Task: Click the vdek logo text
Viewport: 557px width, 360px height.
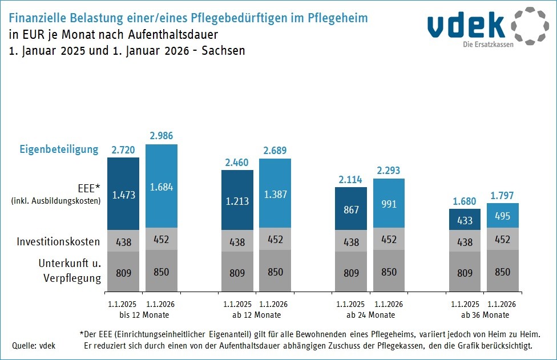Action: point(466,26)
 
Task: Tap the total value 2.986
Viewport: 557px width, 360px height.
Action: point(161,136)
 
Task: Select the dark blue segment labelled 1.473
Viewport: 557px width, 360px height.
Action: point(123,195)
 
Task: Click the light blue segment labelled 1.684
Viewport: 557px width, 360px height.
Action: point(161,186)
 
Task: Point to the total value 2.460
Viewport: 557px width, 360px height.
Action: point(237,162)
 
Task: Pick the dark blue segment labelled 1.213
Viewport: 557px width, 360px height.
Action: point(237,201)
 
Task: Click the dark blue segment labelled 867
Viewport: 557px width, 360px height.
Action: point(351,209)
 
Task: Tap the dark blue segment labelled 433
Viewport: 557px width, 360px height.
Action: point(465,220)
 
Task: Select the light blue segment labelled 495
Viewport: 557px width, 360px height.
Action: point(502,216)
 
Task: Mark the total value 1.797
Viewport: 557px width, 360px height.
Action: point(502,195)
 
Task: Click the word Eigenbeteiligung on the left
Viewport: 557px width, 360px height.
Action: point(59,149)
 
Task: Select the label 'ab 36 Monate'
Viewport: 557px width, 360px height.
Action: point(484,315)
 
